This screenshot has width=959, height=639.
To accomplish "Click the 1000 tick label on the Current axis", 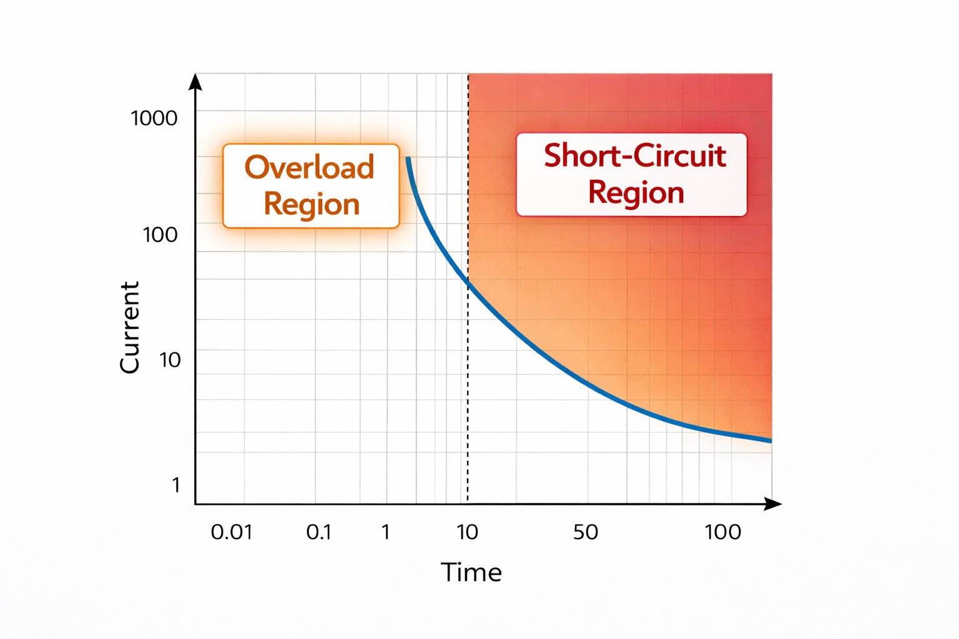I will click(154, 118).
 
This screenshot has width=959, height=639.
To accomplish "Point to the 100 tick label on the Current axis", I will click(160, 235).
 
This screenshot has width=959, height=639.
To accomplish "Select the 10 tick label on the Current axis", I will click(169, 360).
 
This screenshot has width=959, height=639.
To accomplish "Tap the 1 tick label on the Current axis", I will click(176, 485).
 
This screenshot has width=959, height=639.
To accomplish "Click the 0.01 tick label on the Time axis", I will click(232, 532).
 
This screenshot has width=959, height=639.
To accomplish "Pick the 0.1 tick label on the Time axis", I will click(318, 532).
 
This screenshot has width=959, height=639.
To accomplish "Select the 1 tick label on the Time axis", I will click(386, 532).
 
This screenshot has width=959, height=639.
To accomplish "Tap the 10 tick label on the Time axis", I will click(467, 532).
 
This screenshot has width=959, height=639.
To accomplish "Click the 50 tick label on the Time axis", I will click(586, 532).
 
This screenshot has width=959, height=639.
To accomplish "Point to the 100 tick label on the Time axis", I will click(722, 532).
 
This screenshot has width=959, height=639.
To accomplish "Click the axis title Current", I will click(129, 328).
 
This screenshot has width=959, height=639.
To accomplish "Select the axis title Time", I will click(471, 572).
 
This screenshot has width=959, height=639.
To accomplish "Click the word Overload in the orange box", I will click(310, 167).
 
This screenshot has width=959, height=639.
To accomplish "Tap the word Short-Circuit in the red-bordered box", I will click(634, 155).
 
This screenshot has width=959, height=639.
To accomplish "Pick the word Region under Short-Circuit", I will click(636, 193).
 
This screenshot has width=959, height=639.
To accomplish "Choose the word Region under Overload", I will click(312, 205).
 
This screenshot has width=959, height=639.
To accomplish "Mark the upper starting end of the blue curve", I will click(408, 159).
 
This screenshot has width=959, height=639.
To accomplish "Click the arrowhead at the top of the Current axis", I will click(195, 81).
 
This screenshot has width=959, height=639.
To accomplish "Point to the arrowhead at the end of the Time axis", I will click(774, 504).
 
